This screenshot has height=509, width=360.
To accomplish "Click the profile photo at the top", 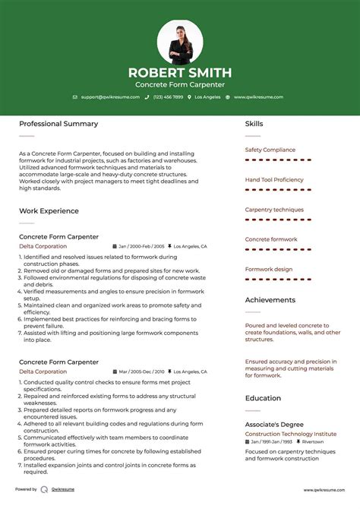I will (x=180, y=42).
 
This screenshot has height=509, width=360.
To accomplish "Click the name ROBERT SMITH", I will (x=180, y=73).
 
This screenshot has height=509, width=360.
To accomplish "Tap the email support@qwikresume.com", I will (x=109, y=97).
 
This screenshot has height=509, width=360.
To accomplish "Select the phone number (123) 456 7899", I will (x=168, y=97).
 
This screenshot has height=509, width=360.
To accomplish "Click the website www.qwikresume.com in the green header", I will (x=258, y=97).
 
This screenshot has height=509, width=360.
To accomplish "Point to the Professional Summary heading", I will (x=58, y=124).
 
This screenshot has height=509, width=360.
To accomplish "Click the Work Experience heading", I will (x=49, y=210).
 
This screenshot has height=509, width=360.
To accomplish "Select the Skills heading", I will (x=254, y=124).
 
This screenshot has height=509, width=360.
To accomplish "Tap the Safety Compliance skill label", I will (x=270, y=150).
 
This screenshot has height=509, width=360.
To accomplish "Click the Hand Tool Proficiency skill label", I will (x=274, y=180).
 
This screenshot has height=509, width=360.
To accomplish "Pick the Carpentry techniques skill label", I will (x=274, y=210).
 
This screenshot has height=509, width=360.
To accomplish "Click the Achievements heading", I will (x=270, y=300).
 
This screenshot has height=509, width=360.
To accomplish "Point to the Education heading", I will (x=263, y=398).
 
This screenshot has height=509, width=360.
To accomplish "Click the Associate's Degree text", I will (x=274, y=424).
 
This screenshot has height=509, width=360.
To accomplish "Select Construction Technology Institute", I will (x=291, y=434).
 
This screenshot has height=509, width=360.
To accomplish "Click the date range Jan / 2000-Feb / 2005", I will (x=141, y=247).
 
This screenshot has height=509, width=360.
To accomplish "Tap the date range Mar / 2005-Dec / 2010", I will (x=141, y=372).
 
